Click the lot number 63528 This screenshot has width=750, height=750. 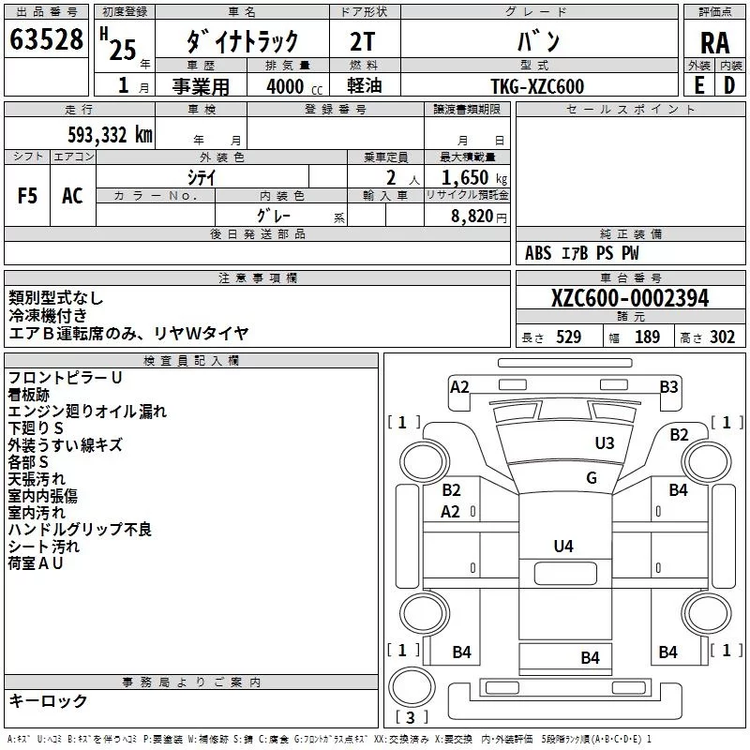click(46, 39)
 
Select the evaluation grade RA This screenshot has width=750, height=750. click(715, 43)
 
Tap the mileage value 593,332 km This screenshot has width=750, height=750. click(110, 135)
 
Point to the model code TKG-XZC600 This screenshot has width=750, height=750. click(537, 86)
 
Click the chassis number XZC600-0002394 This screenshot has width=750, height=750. click(630, 298)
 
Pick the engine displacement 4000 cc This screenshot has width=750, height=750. click(294, 86)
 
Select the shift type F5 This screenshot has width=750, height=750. click(27, 196)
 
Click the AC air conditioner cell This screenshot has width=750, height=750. click(72, 196)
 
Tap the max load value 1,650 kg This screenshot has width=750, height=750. click(474, 178)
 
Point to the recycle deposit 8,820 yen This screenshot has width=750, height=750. click(479, 217)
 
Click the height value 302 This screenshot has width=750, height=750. click(722, 337)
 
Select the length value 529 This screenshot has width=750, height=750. click(568, 337)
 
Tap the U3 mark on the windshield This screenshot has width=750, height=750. click(604, 442)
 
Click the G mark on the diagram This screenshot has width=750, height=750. click(592, 477)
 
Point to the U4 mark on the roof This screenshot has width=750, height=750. click(563, 546)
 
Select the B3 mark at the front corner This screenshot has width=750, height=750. click(668, 386)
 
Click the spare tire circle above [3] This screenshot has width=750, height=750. click(412, 686)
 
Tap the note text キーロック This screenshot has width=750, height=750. click(48, 700)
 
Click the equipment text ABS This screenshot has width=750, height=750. click(538, 253)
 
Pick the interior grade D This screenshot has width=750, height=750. click(729, 85)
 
